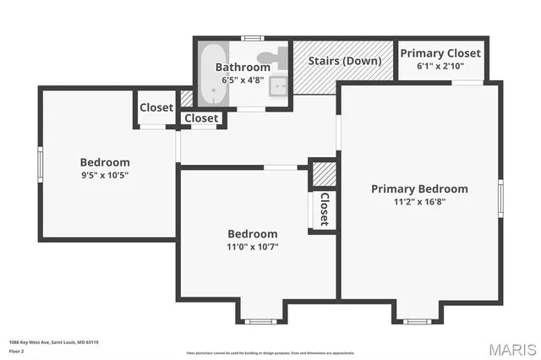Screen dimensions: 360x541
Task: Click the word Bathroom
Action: tap(243, 67)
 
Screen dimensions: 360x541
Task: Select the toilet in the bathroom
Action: tap(264, 66)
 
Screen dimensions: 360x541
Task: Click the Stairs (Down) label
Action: tap(343, 61)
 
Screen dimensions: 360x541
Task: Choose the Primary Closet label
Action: tap(440, 53)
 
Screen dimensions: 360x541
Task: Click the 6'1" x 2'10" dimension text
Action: tap(440, 66)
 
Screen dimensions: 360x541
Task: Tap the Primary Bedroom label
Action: tap(419, 189)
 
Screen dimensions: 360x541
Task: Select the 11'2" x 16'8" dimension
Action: tap(419, 203)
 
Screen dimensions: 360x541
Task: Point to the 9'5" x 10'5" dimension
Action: tap(105, 176)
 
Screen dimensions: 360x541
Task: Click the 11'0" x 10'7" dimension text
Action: tap(252, 248)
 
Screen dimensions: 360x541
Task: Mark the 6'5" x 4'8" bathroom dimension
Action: tap(243, 80)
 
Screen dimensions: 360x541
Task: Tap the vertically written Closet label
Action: tap(324, 209)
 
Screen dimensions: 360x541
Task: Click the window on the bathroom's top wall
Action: tap(251, 38)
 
